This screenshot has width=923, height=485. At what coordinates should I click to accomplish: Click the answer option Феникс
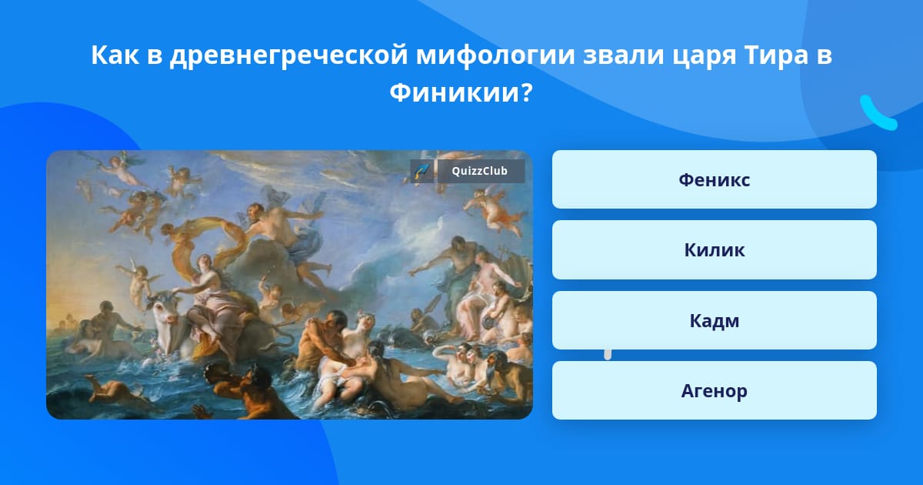(714, 179)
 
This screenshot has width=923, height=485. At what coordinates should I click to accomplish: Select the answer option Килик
(714, 250)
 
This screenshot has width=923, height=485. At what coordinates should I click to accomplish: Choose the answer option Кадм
(714, 320)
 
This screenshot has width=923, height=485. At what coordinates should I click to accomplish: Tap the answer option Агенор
(714, 390)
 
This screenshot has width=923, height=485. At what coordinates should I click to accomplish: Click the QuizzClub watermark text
(480, 171)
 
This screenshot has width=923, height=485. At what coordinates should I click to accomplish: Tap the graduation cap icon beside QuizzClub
(422, 171)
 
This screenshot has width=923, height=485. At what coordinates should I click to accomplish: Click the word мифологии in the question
(495, 55)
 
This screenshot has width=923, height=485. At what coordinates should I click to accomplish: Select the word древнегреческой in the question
(289, 55)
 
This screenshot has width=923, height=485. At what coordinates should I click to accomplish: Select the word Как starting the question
(115, 55)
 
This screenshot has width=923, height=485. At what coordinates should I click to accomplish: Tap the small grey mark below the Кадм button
(608, 355)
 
